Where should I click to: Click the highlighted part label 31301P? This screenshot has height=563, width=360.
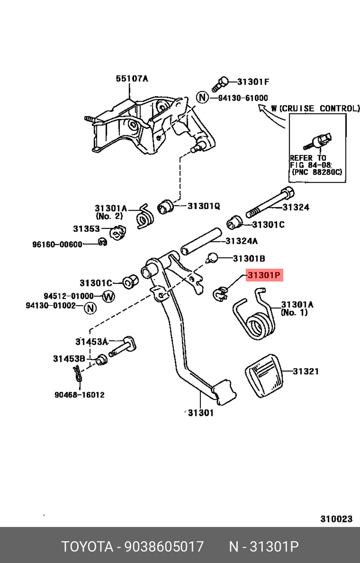pyautogui.click(x=264, y=275)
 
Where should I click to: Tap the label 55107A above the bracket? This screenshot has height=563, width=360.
pyautogui.click(x=132, y=79)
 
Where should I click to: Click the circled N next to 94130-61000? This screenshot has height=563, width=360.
pyautogui.click(x=202, y=97)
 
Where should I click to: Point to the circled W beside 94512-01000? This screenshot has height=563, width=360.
pyautogui.click(x=108, y=296)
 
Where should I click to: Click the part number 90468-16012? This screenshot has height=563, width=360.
pyautogui.click(x=80, y=395)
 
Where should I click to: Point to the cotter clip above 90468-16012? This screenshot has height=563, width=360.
pyautogui.click(x=78, y=374)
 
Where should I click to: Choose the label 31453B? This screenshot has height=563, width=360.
pyautogui.click(x=69, y=359)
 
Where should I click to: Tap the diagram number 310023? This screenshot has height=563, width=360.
pyautogui.click(x=336, y=519)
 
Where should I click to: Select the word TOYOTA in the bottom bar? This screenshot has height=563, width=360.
pyautogui.click(x=87, y=546)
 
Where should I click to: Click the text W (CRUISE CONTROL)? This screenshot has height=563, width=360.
pyautogui.click(x=315, y=108)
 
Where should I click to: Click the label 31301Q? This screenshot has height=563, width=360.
pyautogui.click(x=204, y=206)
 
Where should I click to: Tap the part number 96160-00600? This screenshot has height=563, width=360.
pyautogui.click(x=57, y=245)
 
